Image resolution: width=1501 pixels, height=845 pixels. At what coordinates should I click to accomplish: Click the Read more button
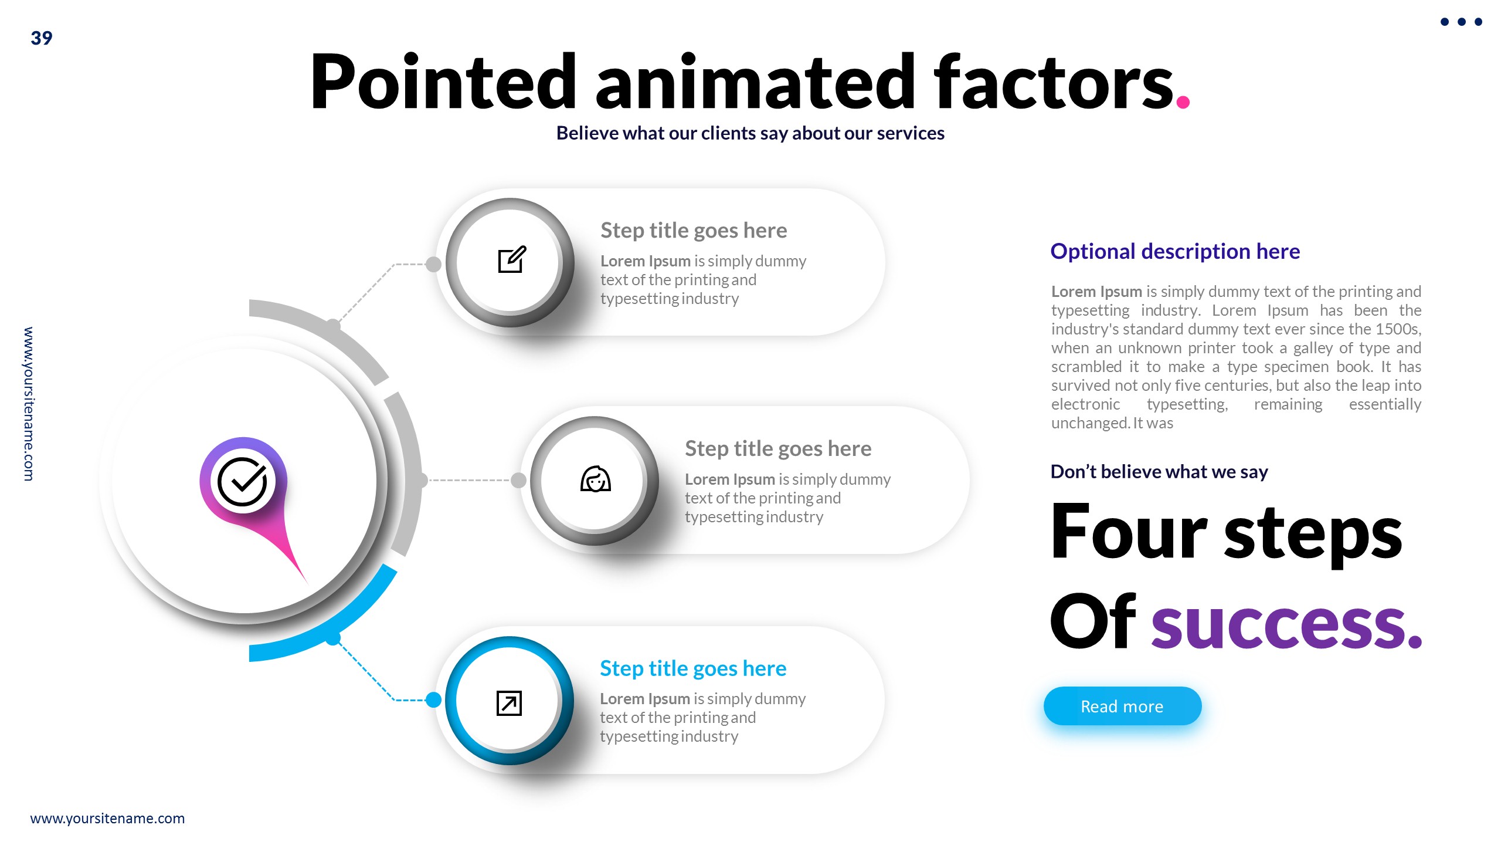[1122, 706]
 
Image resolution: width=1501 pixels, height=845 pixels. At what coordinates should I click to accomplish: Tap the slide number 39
[41, 38]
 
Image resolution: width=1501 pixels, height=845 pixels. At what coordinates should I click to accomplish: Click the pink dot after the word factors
[1183, 102]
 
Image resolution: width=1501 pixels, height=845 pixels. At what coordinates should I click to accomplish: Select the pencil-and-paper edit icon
[511, 260]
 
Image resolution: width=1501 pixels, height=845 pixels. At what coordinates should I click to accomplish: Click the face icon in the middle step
[595, 479]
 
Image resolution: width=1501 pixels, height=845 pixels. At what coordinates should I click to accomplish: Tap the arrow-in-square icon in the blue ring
[508, 702]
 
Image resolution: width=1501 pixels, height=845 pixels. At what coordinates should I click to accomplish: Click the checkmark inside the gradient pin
[242, 481]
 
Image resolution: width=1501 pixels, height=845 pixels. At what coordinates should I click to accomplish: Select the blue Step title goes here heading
[692, 668]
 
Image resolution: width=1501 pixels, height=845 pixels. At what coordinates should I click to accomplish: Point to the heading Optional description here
[1174, 251]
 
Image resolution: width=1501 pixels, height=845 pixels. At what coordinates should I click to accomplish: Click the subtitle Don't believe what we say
[1159, 472]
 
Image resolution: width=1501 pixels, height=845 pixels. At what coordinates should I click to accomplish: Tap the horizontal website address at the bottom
[107, 818]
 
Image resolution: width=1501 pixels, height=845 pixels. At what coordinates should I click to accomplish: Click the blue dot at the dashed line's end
[433, 699]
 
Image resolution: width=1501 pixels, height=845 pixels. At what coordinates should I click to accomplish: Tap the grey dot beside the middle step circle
[518, 480]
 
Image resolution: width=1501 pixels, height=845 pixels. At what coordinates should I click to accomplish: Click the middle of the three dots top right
[1461, 22]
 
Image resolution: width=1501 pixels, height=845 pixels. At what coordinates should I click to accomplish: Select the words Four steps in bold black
[1225, 533]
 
